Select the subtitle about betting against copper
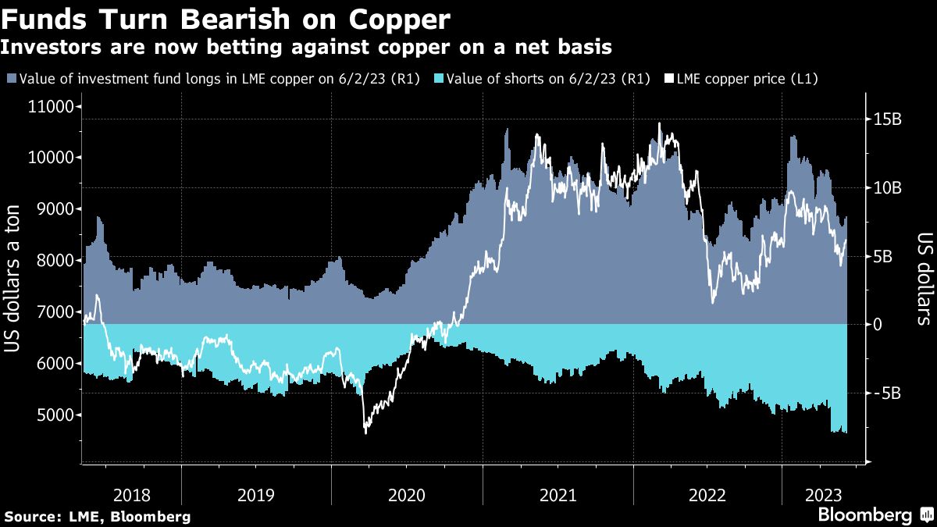[305, 48]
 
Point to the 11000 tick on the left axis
[52, 107]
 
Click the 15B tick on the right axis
[887, 119]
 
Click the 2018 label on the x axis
[132, 494]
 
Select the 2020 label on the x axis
[406, 494]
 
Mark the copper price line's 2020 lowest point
[366, 432]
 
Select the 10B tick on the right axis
[887, 188]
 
